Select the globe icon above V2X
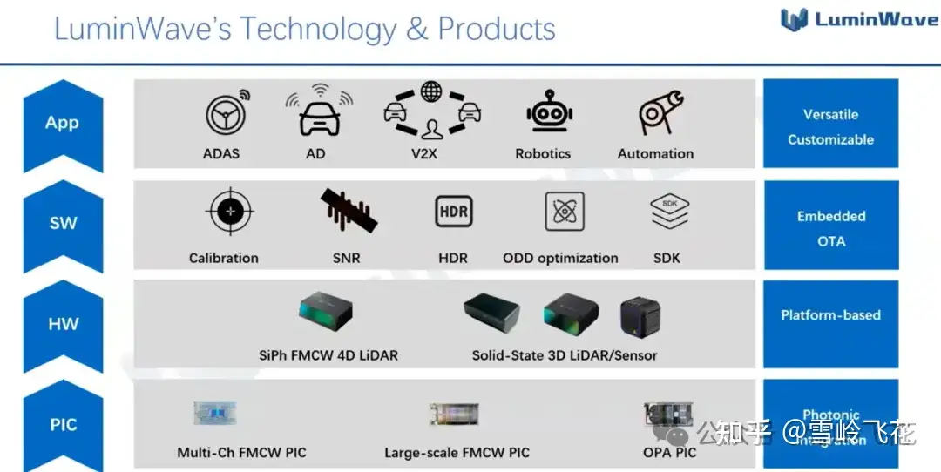430,91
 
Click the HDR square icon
453,212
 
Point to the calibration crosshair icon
230,212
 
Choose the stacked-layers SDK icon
669,212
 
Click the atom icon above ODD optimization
564,212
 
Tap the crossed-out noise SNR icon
348,212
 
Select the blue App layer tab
63,124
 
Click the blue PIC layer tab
63,425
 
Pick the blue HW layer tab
63,324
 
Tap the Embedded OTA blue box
830,228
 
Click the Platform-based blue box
830,315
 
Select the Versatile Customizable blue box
830,126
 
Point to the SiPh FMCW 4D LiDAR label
328,355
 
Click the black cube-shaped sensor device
640,318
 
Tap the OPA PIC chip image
667,417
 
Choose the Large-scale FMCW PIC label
457,453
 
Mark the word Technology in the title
318,29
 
